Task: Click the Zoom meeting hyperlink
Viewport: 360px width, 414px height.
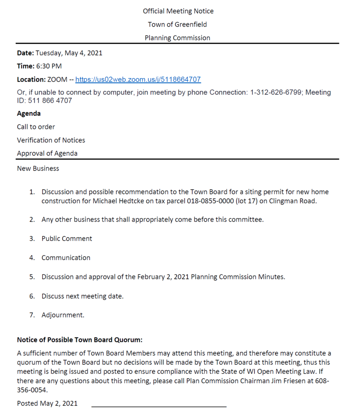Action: tap(138, 80)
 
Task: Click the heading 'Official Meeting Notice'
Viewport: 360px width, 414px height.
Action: tap(178, 11)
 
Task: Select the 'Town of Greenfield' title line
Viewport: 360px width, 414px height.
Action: tap(177, 25)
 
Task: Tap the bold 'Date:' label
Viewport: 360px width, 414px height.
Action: tap(25, 53)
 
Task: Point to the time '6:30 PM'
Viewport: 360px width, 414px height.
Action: tap(49, 66)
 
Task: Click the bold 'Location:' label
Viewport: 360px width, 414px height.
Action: tap(31, 80)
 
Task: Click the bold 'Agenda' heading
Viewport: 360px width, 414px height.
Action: tap(29, 114)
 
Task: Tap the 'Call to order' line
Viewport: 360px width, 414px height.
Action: tap(36, 127)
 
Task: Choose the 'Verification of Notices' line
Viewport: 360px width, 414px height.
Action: tap(51, 140)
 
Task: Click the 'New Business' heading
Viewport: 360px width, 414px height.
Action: tap(38, 169)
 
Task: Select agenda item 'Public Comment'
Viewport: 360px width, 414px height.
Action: tap(67, 239)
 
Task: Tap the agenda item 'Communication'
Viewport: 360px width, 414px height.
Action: tap(66, 258)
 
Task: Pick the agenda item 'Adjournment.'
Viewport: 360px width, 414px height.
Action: tap(63, 315)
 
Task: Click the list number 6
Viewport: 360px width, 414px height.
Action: tap(32, 296)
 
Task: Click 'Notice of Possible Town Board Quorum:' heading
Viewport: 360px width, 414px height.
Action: tap(80, 340)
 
